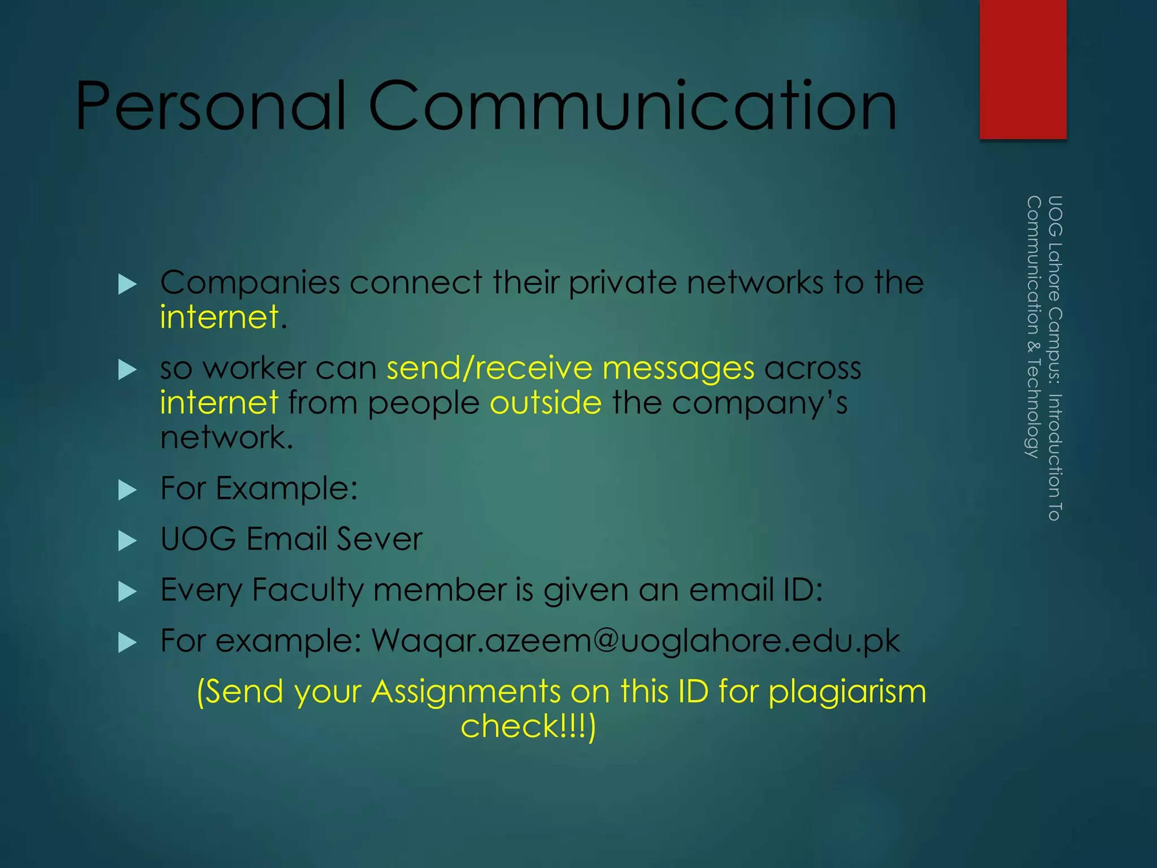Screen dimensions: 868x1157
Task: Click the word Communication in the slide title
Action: coord(633,106)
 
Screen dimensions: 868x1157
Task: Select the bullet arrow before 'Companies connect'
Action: coord(128,284)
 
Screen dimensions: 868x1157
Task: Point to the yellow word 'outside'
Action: coord(546,403)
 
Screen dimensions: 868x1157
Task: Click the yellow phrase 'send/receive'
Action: coord(489,368)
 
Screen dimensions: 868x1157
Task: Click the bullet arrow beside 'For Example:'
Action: coord(128,490)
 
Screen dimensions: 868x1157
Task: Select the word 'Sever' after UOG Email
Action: coord(379,539)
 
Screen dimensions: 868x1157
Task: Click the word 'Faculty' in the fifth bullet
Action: coord(308,591)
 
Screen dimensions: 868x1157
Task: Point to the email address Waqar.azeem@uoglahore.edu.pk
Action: coord(636,641)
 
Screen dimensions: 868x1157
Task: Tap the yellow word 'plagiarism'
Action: coord(847,692)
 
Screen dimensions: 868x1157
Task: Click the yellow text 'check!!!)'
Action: coord(528,726)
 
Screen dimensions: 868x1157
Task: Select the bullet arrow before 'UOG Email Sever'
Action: coord(128,541)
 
